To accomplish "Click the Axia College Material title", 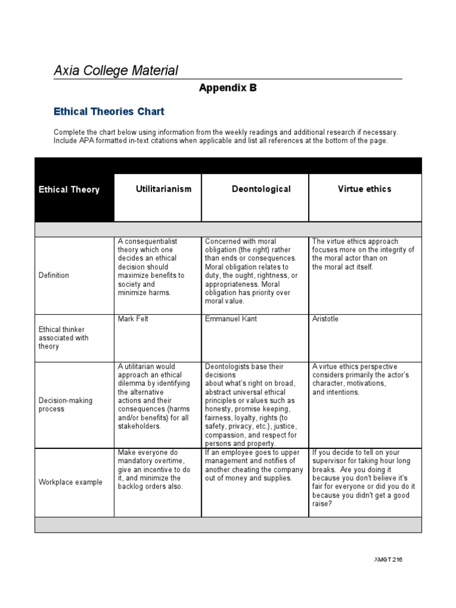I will [116, 71].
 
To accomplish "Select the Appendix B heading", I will [227, 88].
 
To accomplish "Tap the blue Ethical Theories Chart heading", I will [109, 111].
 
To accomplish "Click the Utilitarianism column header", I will [163, 189].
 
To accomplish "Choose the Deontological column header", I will [261, 189].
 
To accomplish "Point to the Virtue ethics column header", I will [365, 189].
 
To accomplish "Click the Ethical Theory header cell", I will [69, 190].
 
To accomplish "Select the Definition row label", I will [53, 275].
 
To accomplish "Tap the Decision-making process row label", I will [65, 404].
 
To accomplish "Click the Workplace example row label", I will [70, 482].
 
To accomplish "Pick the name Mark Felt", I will [133, 319].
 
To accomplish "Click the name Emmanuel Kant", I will [231, 319].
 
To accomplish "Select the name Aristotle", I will [325, 319].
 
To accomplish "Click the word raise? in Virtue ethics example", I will [322, 503].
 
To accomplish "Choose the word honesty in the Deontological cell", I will [219, 409].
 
